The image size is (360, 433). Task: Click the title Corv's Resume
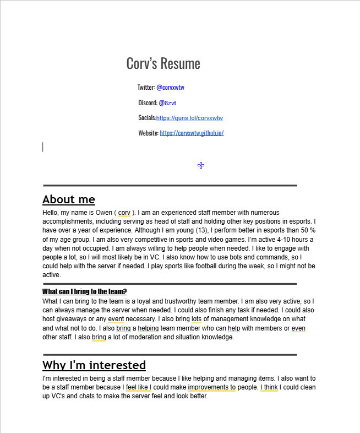point(163,63)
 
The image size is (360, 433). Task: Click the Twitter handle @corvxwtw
point(170,87)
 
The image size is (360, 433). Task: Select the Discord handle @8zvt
point(167,103)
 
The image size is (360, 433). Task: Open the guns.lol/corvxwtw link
point(189,118)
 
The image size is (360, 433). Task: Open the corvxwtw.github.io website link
point(192,133)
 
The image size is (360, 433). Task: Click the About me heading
point(69,199)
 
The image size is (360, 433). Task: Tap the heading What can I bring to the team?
point(84,291)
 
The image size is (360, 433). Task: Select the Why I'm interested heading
point(94,365)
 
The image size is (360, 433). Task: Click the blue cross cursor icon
point(201,165)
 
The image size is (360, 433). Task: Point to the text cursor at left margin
point(43,147)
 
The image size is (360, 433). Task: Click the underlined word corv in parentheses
point(124,213)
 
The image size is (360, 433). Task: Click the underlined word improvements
point(211,387)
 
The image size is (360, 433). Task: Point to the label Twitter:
point(146,87)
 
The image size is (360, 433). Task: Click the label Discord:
point(148,103)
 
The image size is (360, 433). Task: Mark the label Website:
point(148,133)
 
